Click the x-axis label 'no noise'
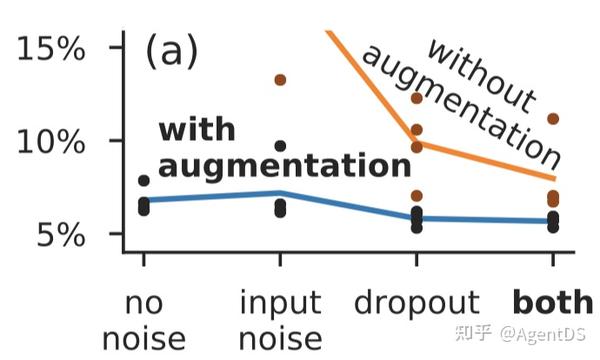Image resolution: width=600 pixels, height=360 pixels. pos(144,320)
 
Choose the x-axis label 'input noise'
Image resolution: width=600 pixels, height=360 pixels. pos(281,320)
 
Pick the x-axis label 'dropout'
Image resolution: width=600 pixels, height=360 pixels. pos(416,303)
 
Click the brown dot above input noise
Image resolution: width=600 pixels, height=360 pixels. pos(281,80)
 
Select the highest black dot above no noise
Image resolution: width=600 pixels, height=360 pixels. pos(144,181)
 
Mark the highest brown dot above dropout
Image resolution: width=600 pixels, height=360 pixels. pos(417,98)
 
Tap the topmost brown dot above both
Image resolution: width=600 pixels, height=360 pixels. pos(553,119)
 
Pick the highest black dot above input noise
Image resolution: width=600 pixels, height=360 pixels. pos(281,146)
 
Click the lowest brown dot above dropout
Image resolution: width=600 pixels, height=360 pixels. pos(417,196)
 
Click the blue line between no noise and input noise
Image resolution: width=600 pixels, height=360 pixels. pos(212,196)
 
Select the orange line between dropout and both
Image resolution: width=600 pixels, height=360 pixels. pos(485,161)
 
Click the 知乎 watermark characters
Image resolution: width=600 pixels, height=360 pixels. pos(473,331)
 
